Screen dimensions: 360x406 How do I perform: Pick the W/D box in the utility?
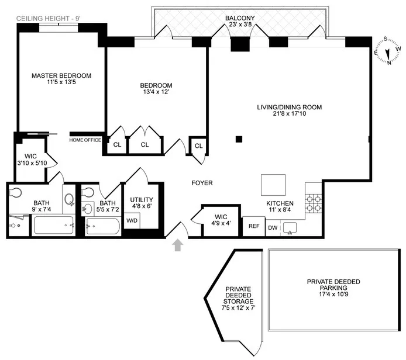point(132,221)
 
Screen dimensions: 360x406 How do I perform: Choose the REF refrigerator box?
point(254,227)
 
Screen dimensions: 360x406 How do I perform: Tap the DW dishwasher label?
point(273,228)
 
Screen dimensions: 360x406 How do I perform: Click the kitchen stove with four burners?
point(314,203)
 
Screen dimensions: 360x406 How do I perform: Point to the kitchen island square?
point(273,186)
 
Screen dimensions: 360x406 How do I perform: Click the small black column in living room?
point(239,139)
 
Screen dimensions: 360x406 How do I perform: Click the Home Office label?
point(85,140)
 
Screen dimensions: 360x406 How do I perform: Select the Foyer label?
point(202,184)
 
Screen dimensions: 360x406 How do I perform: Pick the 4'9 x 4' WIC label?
point(222,220)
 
